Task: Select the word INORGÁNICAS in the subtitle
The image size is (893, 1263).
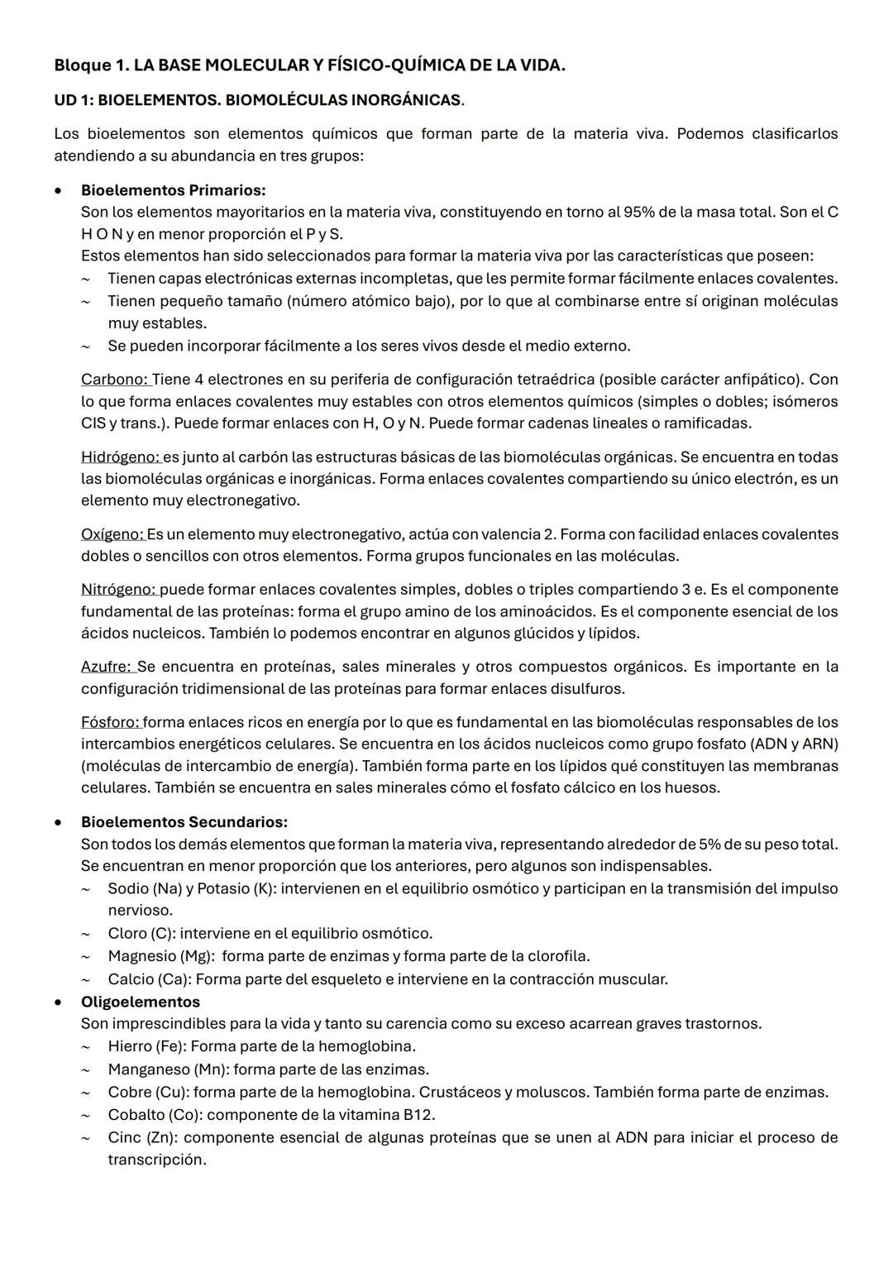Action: [405, 100]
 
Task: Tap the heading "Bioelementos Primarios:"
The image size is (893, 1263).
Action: [173, 190]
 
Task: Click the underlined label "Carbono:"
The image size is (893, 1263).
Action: [115, 380]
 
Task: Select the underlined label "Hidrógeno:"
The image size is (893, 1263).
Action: [121, 457]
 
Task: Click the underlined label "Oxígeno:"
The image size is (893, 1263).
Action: [112, 534]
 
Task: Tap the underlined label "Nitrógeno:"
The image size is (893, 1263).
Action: [119, 590]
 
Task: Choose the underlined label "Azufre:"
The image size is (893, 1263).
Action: [107, 667]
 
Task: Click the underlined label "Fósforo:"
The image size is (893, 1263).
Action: [111, 722]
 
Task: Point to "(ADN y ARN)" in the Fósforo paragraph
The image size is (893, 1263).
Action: [792, 744]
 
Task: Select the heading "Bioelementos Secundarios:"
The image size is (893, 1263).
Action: [184, 822]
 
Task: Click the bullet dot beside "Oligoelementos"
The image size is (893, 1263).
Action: [58, 1002]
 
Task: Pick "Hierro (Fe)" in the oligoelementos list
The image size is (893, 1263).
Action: [146, 1046]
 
